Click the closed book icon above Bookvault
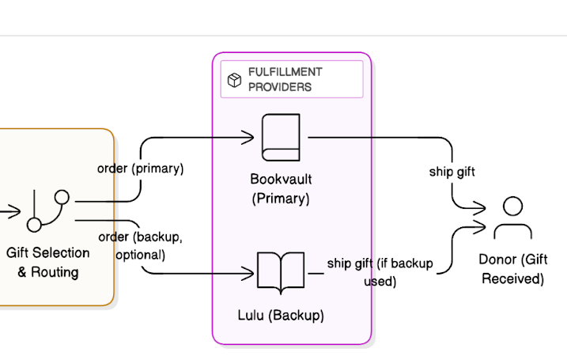point(281,137)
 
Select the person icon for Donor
point(512,218)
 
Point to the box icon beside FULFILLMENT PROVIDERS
point(235,80)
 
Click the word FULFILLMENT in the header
point(285,72)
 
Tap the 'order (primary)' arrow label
point(140,169)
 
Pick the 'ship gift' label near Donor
point(452,170)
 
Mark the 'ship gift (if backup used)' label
point(380,271)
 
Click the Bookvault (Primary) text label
point(281,188)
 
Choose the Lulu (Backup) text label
point(281,315)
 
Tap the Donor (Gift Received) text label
point(512,269)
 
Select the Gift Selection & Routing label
point(48,263)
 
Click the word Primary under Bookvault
point(281,199)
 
